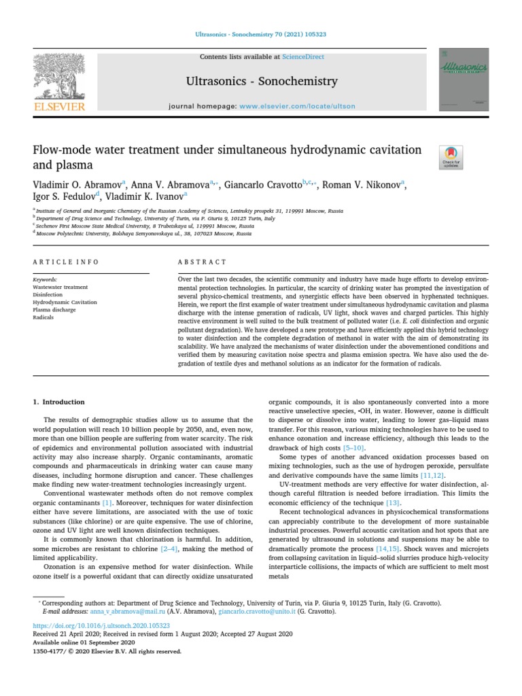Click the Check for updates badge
[x=451, y=157]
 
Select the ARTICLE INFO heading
[x=66, y=262]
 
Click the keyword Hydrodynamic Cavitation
[x=65, y=302]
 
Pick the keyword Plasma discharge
[x=54, y=309]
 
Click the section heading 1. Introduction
[x=59, y=402]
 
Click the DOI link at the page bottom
[x=101, y=625]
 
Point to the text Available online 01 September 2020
[x=84, y=642]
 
